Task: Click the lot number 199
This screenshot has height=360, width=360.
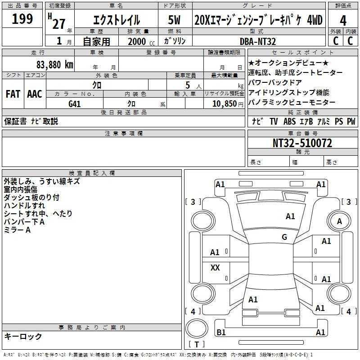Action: pos(22,19)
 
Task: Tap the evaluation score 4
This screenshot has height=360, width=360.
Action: pos(343,21)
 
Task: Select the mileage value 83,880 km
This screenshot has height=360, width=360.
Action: pos(54,64)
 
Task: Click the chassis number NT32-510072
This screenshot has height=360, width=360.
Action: pos(302,143)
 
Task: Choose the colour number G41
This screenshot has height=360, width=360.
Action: pos(75,103)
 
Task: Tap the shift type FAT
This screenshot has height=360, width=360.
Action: pos(13,94)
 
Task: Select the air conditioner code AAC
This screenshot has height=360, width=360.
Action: pos(35,94)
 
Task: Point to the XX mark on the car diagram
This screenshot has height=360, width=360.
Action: pos(215,268)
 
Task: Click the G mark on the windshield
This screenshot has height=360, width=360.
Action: pos(284,237)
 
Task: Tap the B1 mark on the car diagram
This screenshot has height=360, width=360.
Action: pos(221,332)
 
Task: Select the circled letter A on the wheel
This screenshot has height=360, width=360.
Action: pos(339,221)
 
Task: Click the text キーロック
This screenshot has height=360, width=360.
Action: pos(23,337)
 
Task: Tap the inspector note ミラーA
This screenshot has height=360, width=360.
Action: pos(17,230)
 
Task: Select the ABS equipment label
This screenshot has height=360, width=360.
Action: pos(289,121)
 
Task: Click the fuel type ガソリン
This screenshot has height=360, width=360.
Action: pos(174,41)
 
